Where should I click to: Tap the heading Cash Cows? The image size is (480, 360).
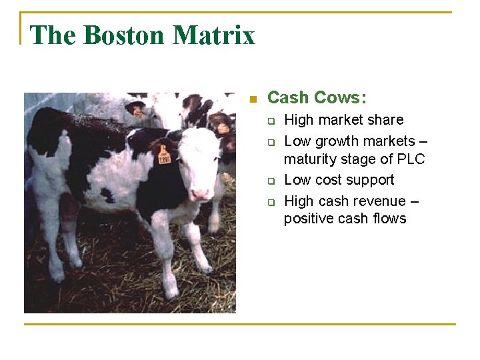(317, 98)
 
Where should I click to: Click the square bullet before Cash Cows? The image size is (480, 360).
(252, 99)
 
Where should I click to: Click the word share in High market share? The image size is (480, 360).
(387, 120)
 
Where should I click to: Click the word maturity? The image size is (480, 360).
(310, 160)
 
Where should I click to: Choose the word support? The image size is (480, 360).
(371, 180)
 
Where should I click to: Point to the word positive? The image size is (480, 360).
(307, 219)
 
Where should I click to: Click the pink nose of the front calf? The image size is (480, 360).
(200, 194)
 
